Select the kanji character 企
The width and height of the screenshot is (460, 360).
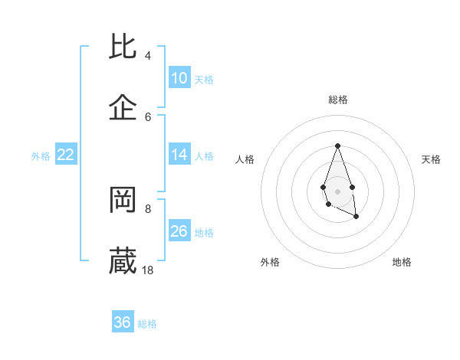[123, 108]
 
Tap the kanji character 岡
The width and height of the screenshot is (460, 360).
[123, 200]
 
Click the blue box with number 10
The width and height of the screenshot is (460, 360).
[179, 78]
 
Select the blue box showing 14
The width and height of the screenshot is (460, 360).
[179, 155]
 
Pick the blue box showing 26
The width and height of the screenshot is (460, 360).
[179, 231]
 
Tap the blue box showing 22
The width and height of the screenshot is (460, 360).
[66, 155]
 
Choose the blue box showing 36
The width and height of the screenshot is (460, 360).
[123, 322]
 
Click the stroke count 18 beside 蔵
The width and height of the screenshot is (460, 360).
[148, 270]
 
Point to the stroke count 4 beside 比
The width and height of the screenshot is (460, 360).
[148, 55]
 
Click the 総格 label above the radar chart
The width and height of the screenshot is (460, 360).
[337, 100]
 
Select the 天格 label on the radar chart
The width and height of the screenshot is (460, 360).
[431, 159]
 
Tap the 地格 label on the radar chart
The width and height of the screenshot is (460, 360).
[402, 262]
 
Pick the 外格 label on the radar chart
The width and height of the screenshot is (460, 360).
[270, 262]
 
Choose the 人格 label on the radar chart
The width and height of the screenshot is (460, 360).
[245, 159]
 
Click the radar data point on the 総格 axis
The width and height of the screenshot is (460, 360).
[337, 146]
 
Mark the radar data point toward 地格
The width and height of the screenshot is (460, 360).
[356, 218]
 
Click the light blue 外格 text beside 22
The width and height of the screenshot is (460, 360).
[41, 155]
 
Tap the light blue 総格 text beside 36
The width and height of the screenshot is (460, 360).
[147, 324]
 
